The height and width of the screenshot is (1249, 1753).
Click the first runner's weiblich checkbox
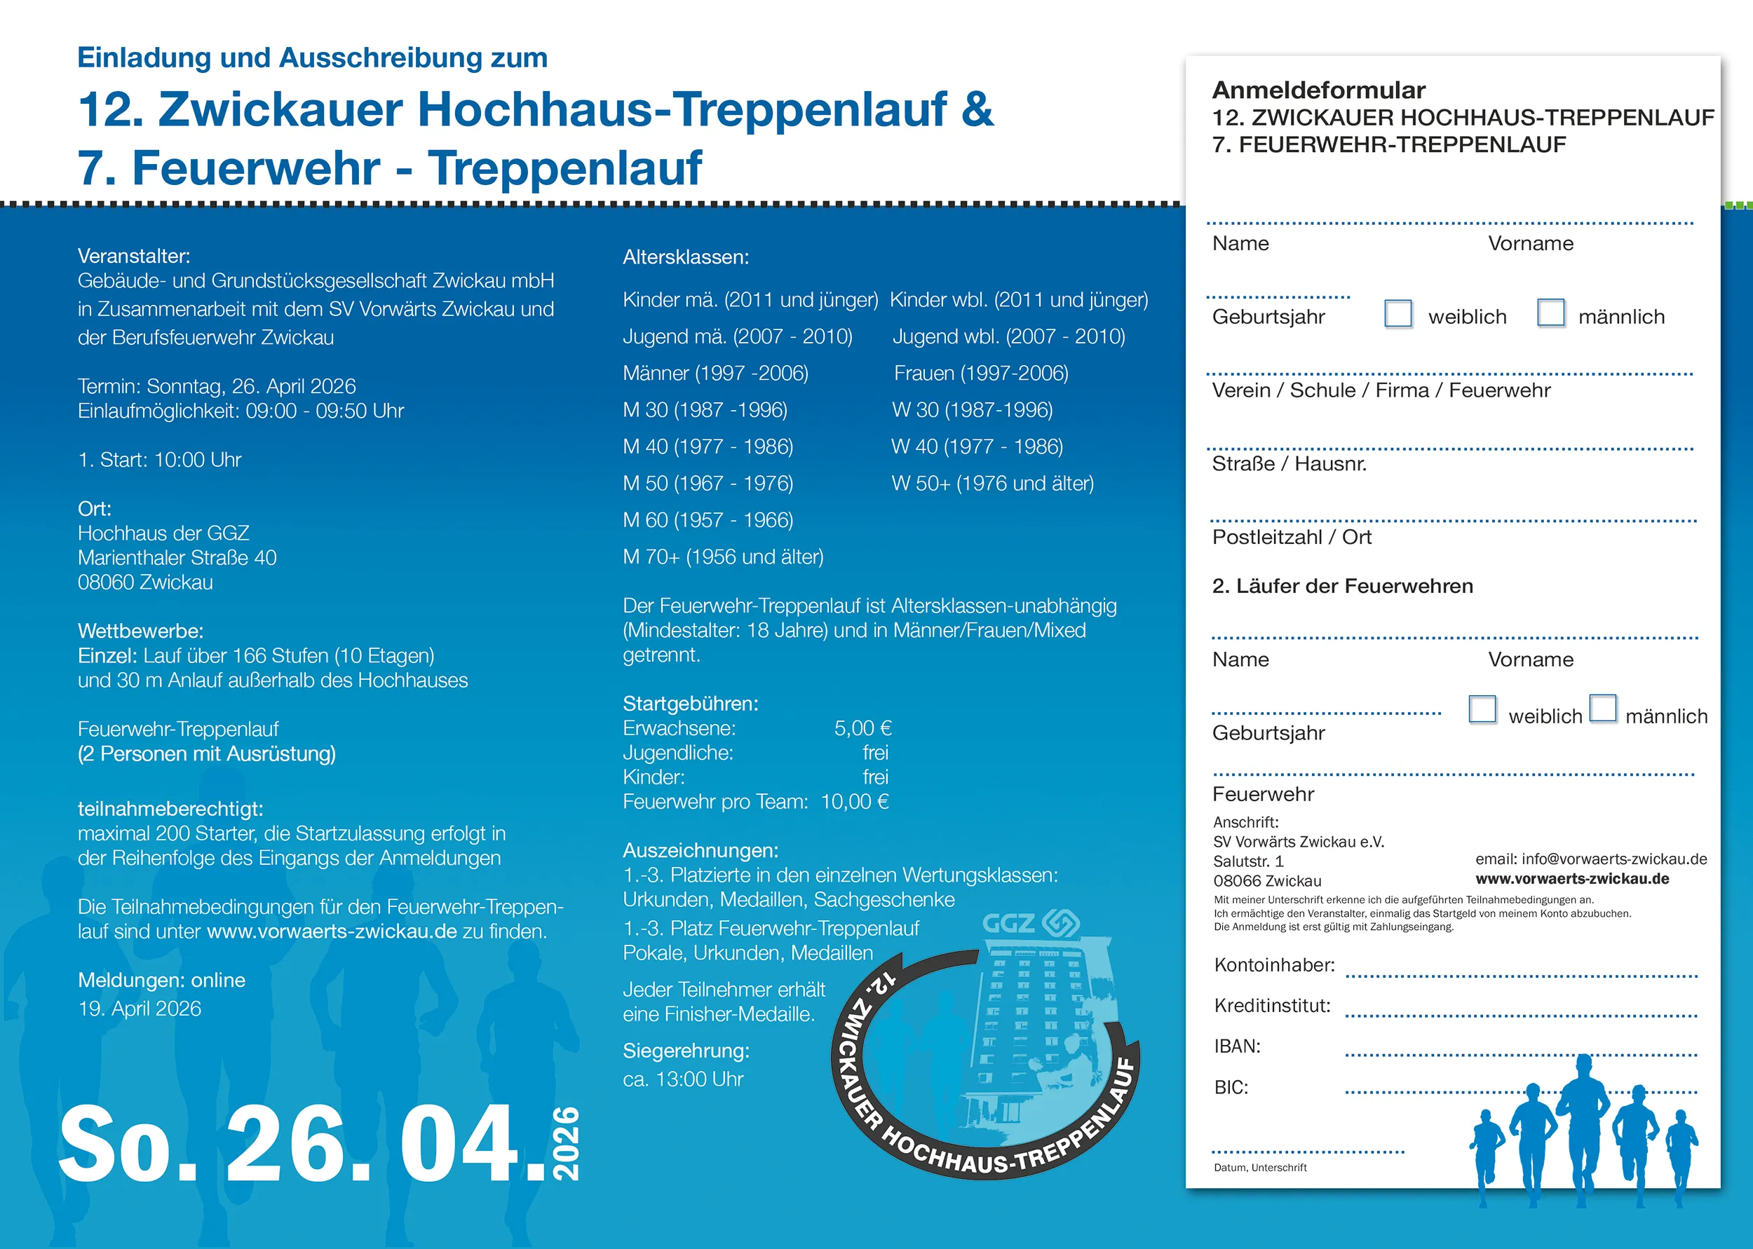(x=1397, y=314)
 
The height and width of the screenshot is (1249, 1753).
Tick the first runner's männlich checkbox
(x=1550, y=313)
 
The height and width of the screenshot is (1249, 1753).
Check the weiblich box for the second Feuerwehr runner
(x=1482, y=709)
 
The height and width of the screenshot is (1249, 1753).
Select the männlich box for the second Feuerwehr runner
(x=1603, y=709)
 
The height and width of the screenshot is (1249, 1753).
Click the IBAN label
(x=1237, y=1046)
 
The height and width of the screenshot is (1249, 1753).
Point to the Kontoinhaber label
(x=1274, y=965)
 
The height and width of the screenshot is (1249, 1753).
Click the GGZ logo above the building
(x=1031, y=923)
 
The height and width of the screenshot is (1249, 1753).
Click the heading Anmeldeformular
(x=1318, y=90)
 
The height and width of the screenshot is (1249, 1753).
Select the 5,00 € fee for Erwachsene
(x=862, y=728)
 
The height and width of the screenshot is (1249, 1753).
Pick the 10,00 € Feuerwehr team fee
(x=855, y=802)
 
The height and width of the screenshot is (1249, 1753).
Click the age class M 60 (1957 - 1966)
(x=708, y=521)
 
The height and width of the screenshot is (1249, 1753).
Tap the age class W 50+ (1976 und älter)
(x=992, y=484)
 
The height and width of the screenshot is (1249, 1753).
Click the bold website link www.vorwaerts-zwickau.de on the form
(x=1571, y=879)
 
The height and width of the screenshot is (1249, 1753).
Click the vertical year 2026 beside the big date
(x=567, y=1144)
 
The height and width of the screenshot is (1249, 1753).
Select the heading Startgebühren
(x=690, y=704)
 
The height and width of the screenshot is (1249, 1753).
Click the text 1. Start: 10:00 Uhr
(x=159, y=460)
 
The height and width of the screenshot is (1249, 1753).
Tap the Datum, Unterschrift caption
(x=1260, y=1168)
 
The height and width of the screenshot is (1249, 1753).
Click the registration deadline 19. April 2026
(x=140, y=1009)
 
